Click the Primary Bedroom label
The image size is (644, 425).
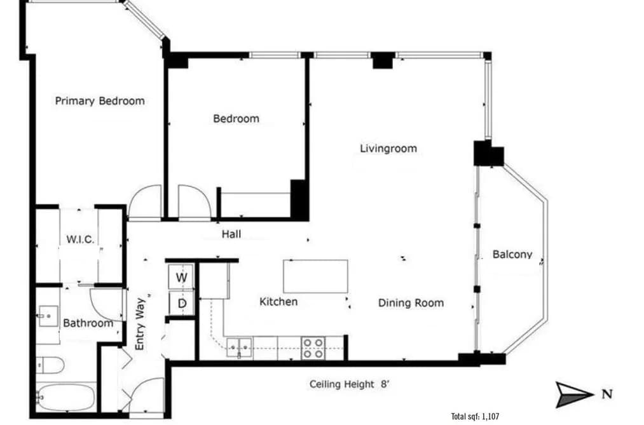click(x=100, y=101)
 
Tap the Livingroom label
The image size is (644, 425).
click(x=388, y=149)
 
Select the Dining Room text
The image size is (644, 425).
click(x=411, y=303)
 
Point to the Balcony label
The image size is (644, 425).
click(x=512, y=254)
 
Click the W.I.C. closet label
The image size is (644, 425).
click(x=81, y=239)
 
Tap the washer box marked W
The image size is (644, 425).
click(x=181, y=277)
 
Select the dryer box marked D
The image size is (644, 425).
click(x=182, y=304)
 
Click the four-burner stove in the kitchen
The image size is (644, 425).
click(x=313, y=348)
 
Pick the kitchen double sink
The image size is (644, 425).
click(x=239, y=348)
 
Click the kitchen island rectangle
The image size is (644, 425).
click(x=315, y=276)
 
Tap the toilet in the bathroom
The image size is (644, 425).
click(x=50, y=365)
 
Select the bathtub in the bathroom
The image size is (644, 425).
click(x=66, y=396)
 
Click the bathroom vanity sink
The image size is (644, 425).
click(x=48, y=316)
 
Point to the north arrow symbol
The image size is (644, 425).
click(x=575, y=395)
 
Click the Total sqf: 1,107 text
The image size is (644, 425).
click(x=475, y=416)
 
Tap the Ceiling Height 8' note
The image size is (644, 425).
click(x=349, y=384)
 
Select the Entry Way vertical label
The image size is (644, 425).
click(x=140, y=324)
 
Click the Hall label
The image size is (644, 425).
click(x=231, y=234)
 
